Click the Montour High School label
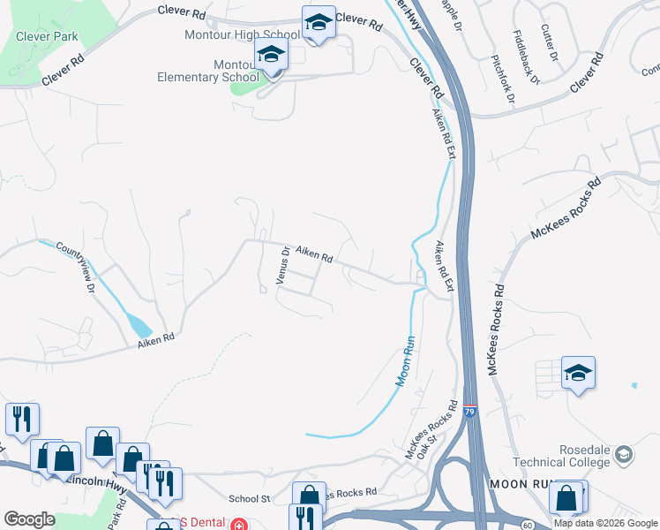coord(241,34)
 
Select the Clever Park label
coord(47,37)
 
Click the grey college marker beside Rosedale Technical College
coord(625,455)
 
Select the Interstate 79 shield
coord(470,412)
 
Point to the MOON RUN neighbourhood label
coord(520,484)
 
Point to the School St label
coord(249,499)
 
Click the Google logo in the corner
coord(29,519)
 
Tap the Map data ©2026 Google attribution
coord(604,523)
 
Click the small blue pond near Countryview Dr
coord(140,325)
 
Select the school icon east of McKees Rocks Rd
coord(578,373)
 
